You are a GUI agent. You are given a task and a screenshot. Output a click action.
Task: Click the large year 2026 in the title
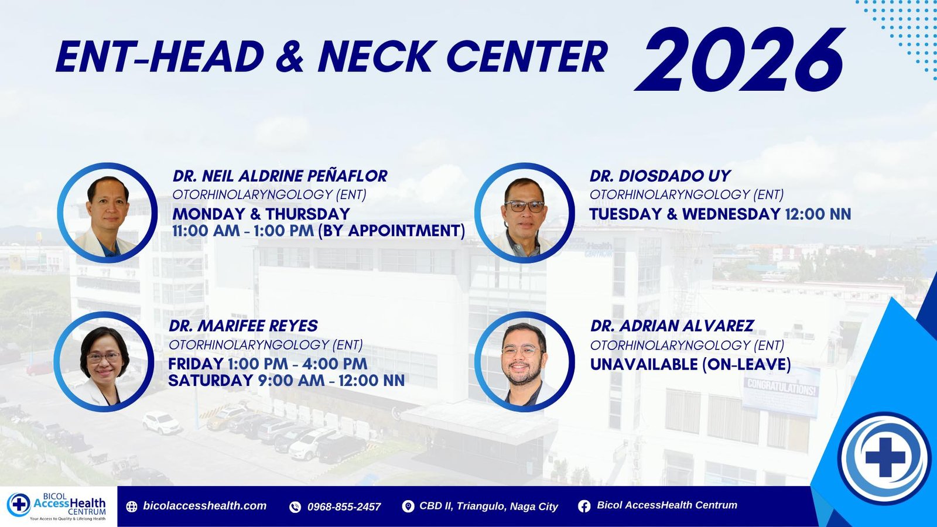click(x=740, y=59)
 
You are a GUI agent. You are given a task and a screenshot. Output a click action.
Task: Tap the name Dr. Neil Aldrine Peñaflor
click(x=280, y=176)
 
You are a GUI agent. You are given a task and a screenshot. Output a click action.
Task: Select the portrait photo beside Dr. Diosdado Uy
click(x=525, y=213)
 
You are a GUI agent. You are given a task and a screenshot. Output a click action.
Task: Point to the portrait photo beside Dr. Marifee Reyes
click(x=104, y=362)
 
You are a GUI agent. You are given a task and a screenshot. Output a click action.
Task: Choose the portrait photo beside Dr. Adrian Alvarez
click(x=525, y=362)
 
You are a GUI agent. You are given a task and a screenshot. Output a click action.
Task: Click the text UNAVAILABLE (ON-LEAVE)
click(x=690, y=364)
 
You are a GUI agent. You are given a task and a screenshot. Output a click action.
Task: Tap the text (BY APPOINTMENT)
click(x=392, y=231)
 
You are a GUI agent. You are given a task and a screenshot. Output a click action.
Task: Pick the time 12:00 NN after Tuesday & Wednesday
click(x=818, y=214)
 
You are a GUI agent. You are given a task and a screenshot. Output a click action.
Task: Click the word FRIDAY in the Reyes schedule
click(x=196, y=364)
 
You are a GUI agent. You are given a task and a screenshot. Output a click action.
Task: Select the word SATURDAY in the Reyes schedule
click(x=210, y=381)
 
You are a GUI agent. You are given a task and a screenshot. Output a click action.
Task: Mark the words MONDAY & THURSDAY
click(x=261, y=214)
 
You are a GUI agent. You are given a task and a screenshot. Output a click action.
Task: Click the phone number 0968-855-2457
click(x=344, y=507)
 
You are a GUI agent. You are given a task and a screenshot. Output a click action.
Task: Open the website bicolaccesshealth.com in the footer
click(x=204, y=506)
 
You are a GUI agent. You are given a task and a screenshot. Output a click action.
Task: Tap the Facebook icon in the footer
click(x=584, y=507)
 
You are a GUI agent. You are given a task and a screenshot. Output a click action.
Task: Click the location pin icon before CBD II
click(x=408, y=507)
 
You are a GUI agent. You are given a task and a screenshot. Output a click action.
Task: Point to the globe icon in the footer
click(x=132, y=507)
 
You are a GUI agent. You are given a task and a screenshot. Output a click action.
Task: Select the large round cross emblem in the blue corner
click(x=885, y=457)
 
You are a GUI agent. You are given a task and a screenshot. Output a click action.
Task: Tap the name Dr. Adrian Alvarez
click(x=672, y=326)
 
